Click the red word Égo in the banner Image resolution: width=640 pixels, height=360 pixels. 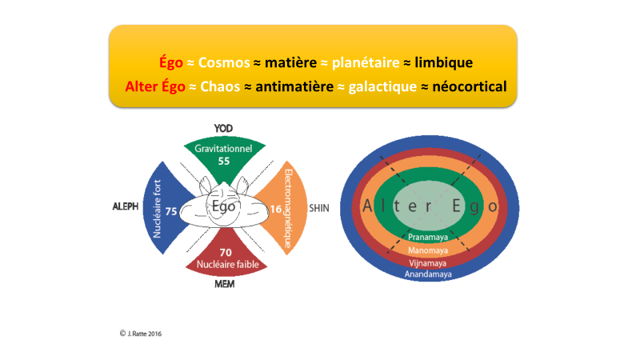(x=171, y=63)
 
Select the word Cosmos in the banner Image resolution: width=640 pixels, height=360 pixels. (x=224, y=62)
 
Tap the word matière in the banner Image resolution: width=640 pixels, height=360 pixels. (x=290, y=62)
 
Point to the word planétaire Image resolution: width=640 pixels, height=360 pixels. (x=366, y=63)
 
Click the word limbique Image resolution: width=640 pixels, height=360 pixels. (x=444, y=63)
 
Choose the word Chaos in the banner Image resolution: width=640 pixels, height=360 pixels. (x=220, y=86)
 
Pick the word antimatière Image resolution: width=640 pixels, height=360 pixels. (x=294, y=86)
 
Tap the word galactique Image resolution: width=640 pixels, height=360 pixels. (x=382, y=87)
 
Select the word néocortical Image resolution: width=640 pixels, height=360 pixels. (x=470, y=86)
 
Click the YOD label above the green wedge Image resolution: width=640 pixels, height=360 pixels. (x=223, y=129)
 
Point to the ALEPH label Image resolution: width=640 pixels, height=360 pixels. (x=126, y=206)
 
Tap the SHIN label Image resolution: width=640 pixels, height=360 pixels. (x=319, y=208)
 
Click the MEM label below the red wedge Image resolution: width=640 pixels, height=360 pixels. (x=225, y=284)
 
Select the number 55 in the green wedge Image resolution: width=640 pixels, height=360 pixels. (x=224, y=162)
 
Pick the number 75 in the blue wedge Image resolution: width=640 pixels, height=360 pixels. (x=171, y=211)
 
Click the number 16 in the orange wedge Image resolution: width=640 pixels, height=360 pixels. (x=276, y=210)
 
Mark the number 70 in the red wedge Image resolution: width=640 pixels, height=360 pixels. (x=226, y=253)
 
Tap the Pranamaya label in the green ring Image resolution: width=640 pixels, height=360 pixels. (x=428, y=237)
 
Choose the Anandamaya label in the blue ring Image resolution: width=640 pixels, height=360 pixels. (x=428, y=274)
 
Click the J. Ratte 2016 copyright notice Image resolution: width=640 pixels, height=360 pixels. (x=141, y=334)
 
